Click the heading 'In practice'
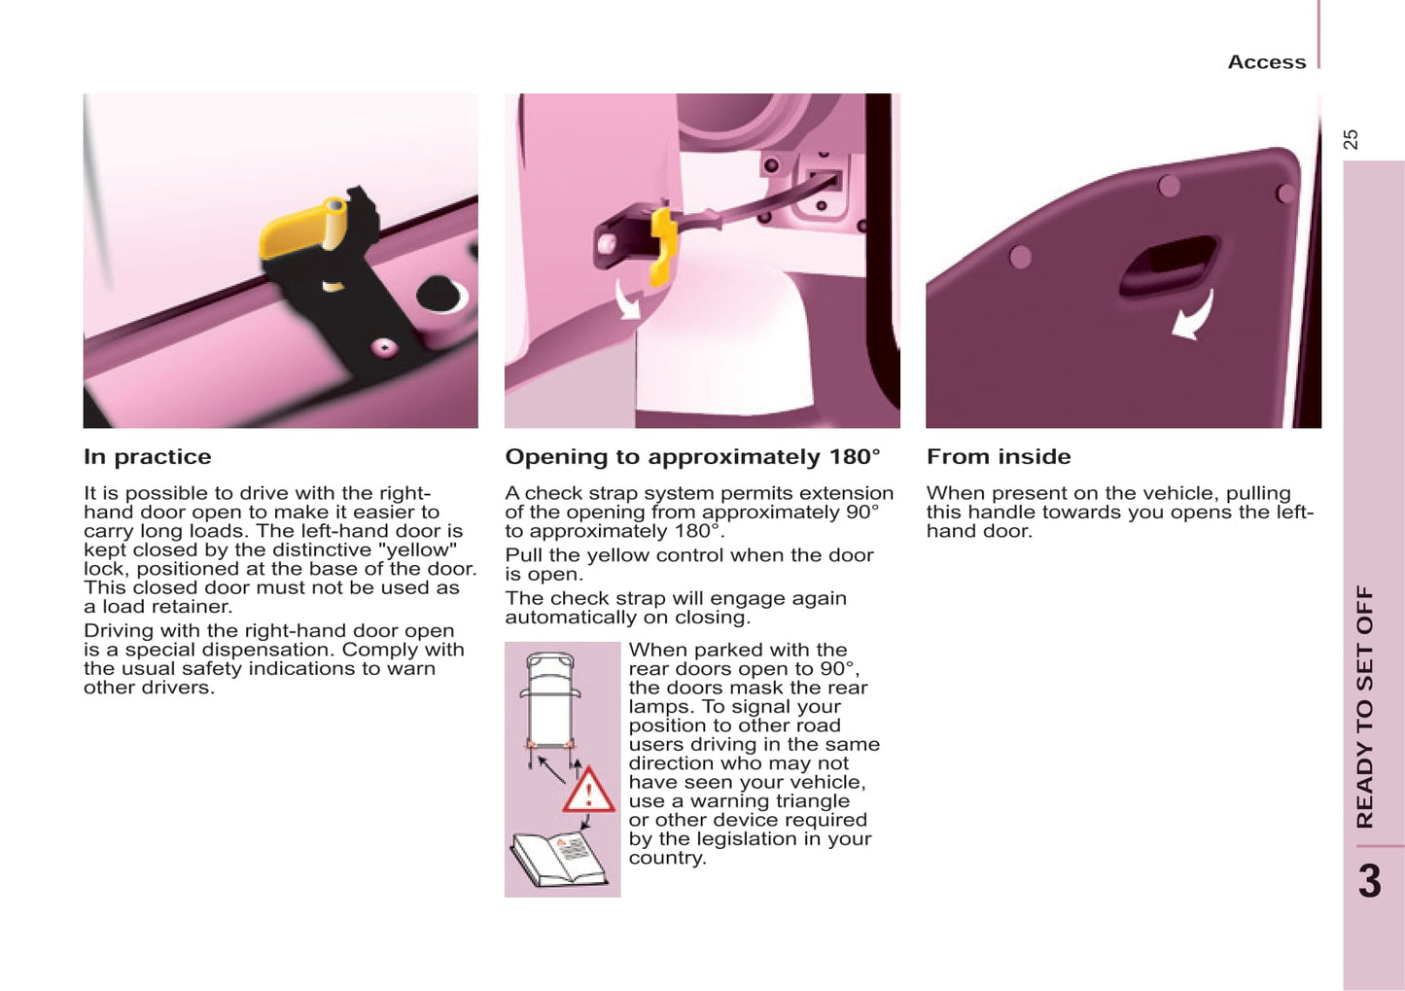tap(148, 457)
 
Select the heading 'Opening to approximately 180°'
tap(693, 457)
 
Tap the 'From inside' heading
tap(999, 457)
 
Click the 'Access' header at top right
tap(1267, 62)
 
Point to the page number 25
tap(1352, 139)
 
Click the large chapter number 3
tap(1371, 881)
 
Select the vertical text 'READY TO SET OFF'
tap(1365, 707)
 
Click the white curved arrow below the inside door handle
tap(1196, 317)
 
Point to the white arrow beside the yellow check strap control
tap(627, 301)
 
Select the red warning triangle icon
tap(588, 791)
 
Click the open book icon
tap(559, 859)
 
